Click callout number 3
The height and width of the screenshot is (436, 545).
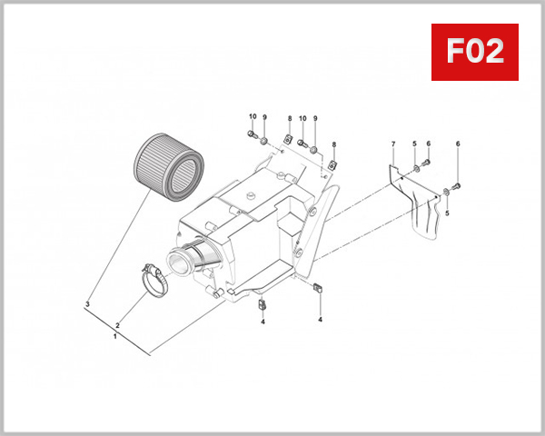88,304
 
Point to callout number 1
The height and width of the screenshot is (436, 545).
114,335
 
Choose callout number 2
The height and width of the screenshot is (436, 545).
116,323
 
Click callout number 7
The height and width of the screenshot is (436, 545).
393,144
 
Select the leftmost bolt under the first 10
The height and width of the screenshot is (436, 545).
252,136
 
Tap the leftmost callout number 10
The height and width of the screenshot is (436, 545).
253,118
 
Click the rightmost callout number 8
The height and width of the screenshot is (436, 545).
334,145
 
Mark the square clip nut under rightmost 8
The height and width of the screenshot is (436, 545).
333,163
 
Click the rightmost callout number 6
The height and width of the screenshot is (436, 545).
458,144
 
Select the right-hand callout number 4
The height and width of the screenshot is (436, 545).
320,321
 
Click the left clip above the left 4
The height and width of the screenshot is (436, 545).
262,302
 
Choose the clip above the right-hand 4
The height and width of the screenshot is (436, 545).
319,289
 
